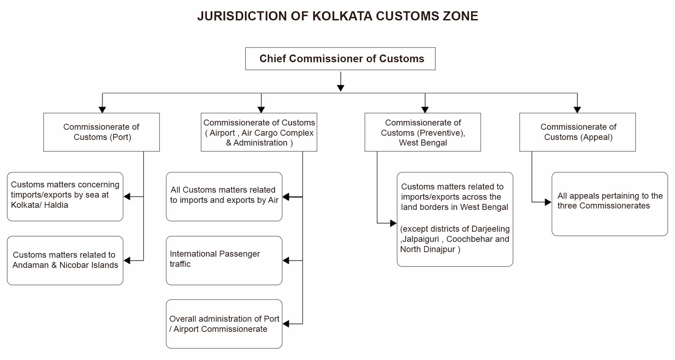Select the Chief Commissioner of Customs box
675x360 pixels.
pyautogui.click(x=340, y=59)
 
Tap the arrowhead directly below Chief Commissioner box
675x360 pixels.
pyautogui.click(x=340, y=88)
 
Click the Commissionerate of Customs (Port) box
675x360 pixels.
pyautogui.click(x=101, y=132)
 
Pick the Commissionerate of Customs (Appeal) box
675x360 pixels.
pyautogui.click(x=577, y=132)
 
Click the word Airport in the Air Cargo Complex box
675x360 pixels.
pyautogui.click(x=222, y=133)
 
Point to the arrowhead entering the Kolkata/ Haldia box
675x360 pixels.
pyautogui.click(x=127, y=197)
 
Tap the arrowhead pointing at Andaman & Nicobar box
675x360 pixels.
pyautogui.click(x=127, y=261)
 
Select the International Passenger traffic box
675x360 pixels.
pyautogui.click(x=224, y=260)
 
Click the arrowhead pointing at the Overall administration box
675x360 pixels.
pyautogui.click(x=286, y=324)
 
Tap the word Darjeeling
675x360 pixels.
pyautogui.click(x=490, y=229)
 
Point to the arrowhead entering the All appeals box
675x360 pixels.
pyautogui.click(x=548, y=202)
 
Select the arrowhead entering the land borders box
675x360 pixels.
pyautogui.click(x=393, y=223)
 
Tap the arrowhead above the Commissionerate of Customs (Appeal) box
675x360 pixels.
pyautogui.click(x=577, y=110)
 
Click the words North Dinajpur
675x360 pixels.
pyautogui.click(x=427, y=249)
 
